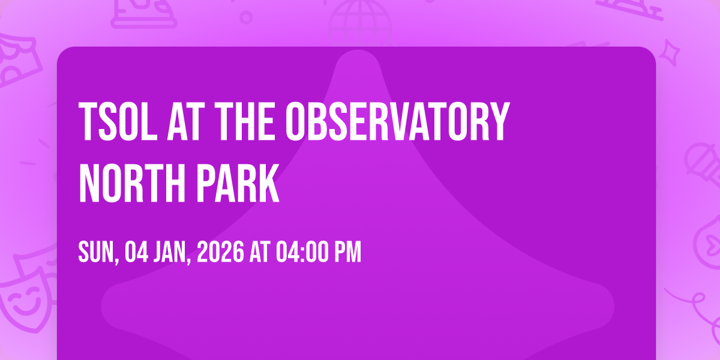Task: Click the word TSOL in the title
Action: (x=118, y=121)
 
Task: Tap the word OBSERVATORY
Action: (x=398, y=121)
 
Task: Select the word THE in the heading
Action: (x=245, y=121)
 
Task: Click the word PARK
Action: (x=238, y=183)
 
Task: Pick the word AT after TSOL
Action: (x=186, y=121)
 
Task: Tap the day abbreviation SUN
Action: (x=96, y=252)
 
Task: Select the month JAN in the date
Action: (x=169, y=252)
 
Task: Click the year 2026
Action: (x=221, y=252)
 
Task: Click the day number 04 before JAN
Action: (x=137, y=252)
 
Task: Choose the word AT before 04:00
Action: (x=260, y=252)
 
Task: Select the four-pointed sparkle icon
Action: (x=670, y=53)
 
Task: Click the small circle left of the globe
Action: (x=246, y=17)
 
